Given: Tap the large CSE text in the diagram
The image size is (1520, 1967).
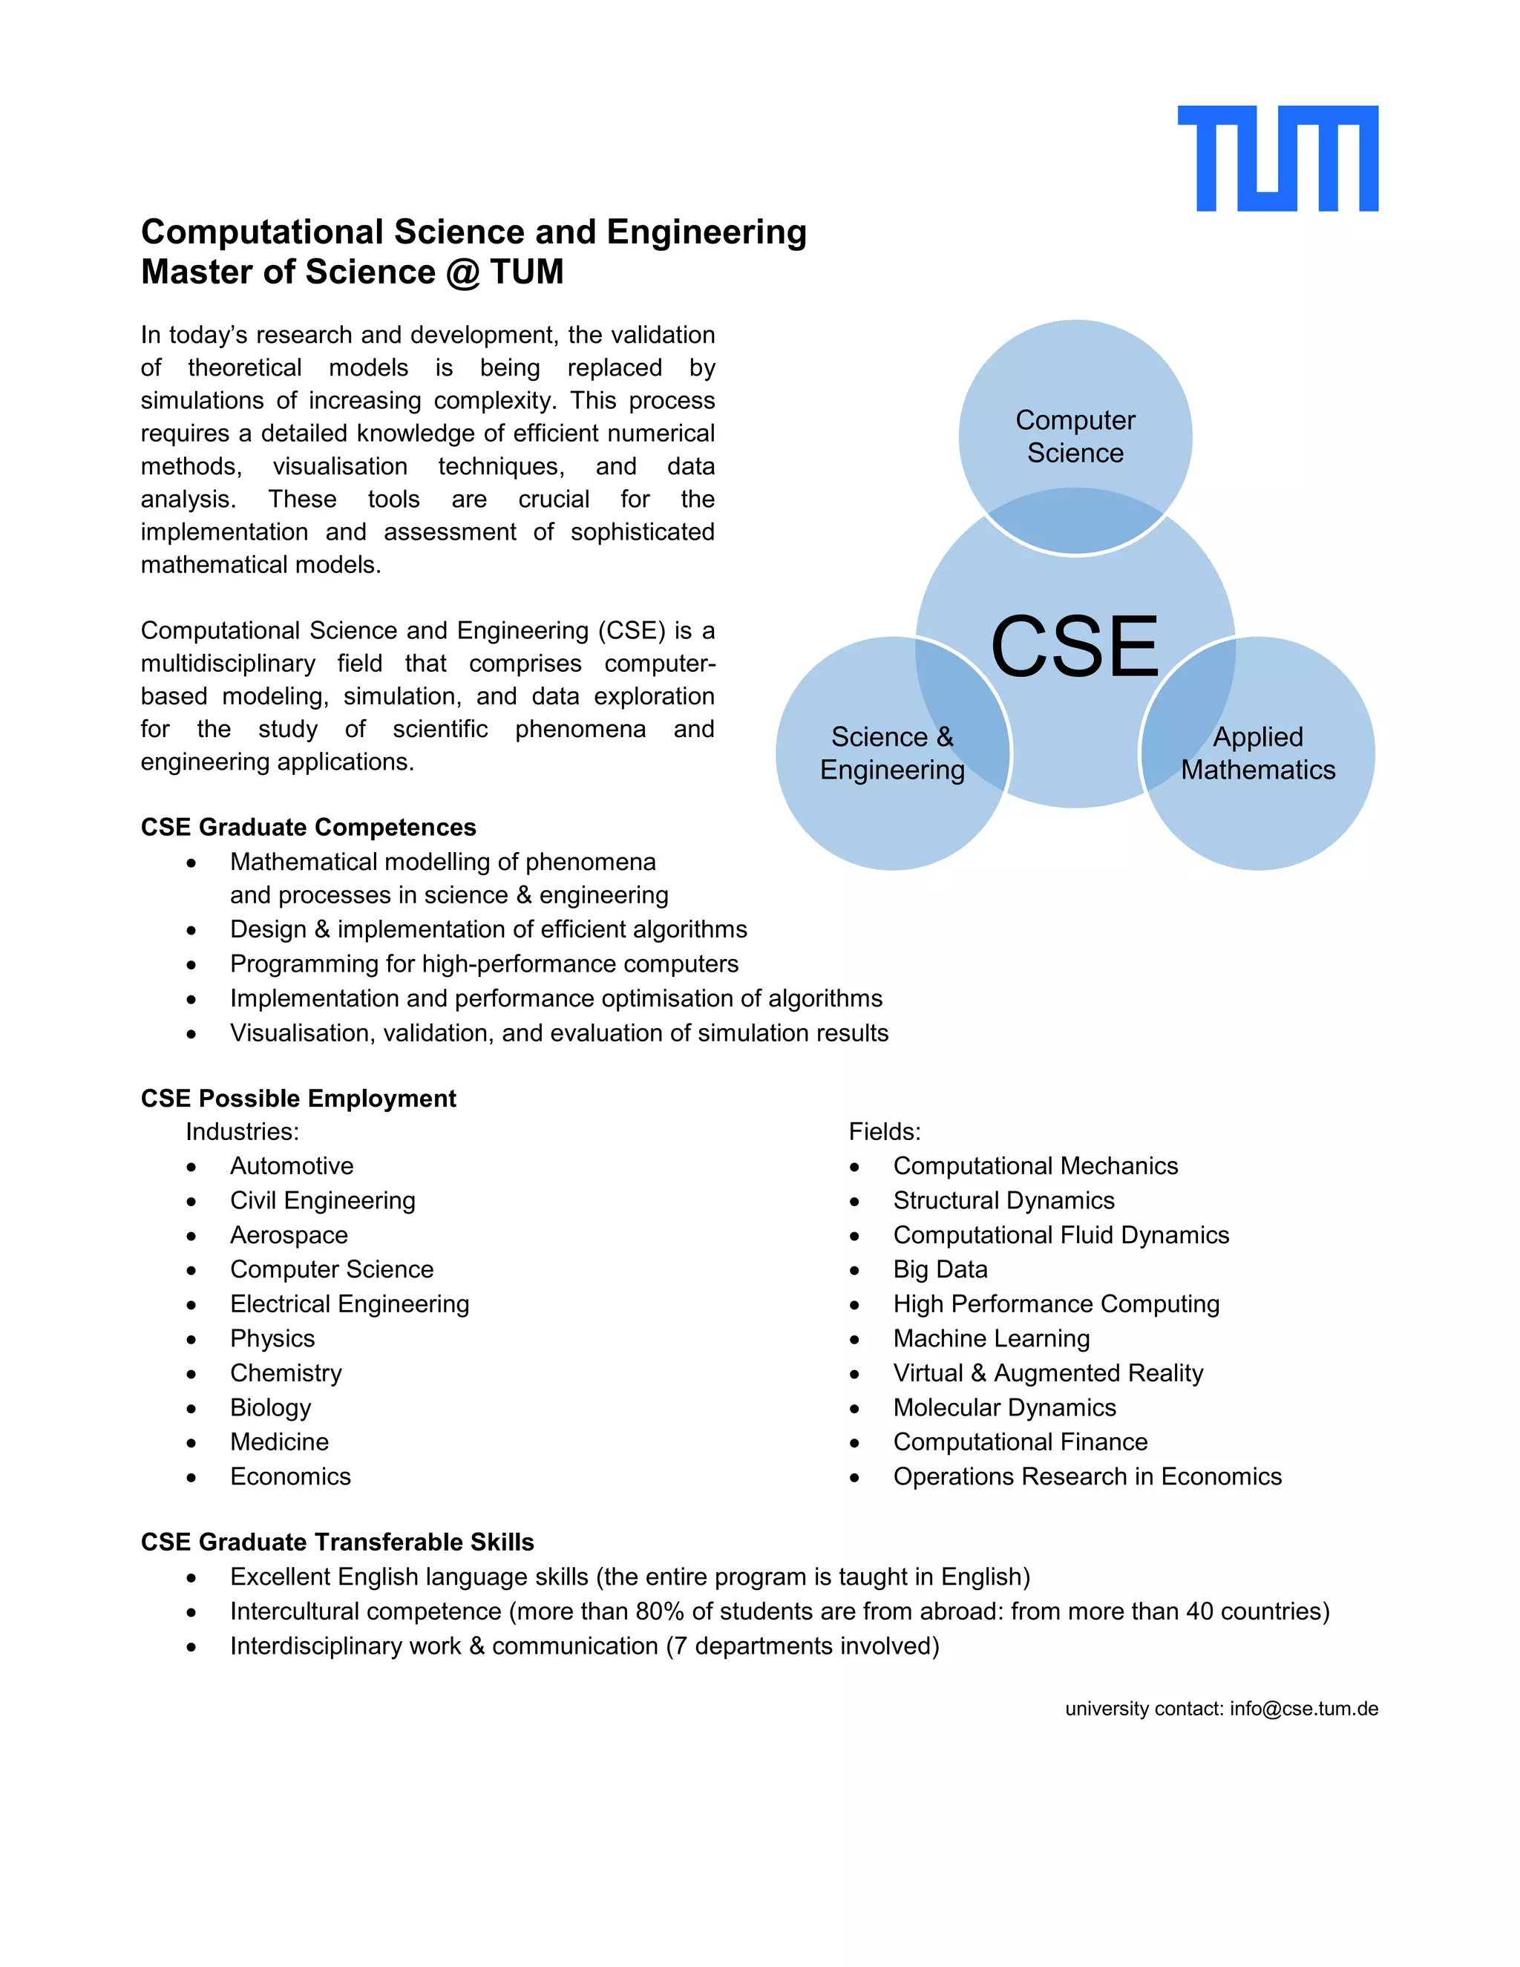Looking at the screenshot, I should coord(1074,647).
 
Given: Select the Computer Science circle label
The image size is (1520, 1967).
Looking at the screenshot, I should coord(1075,436).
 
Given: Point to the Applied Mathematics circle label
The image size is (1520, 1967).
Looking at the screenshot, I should coord(1258,753).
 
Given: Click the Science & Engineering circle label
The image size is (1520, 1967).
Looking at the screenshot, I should coord(891,753).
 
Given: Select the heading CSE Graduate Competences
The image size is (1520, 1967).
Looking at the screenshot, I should coord(308,827).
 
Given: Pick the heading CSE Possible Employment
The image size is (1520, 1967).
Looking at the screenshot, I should coord(298,1098).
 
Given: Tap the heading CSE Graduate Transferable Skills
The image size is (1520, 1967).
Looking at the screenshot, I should coord(337,1542).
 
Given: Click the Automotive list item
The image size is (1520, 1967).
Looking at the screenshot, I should coord(292,1165).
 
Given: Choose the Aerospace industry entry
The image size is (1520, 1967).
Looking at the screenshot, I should coord(288,1235).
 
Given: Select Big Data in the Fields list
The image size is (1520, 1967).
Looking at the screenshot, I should coord(940,1269).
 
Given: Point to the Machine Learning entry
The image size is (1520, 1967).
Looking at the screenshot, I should coord(991,1338).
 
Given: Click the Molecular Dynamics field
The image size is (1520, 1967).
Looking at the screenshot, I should coord(1004,1407).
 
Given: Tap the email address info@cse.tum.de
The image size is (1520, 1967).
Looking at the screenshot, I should coord(1304,1709).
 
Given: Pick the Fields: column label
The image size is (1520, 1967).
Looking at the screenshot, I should coord(884,1131).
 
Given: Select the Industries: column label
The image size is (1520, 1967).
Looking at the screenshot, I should coord(242,1131).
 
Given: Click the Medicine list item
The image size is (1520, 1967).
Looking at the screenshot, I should coord(279,1442).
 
